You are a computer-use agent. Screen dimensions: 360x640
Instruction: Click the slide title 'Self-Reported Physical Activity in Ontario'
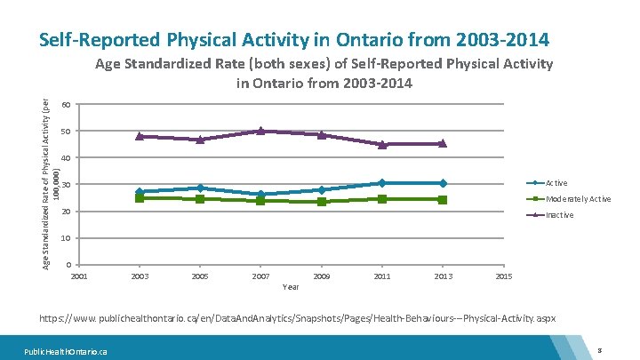[x=294, y=40]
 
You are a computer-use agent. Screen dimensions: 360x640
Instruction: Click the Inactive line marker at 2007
[x=260, y=131]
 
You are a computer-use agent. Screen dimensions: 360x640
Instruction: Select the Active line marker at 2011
[x=382, y=183]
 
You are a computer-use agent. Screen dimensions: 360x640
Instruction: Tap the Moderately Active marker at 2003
[x=140, y=197]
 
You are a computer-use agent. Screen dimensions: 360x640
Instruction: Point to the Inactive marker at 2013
[x=443, y=143]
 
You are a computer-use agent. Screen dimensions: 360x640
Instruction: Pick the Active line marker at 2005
[x=200, y=188]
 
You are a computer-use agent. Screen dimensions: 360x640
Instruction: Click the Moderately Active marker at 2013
[x=443, y=199]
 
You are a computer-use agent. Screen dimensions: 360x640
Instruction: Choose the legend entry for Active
[x=556, y=183]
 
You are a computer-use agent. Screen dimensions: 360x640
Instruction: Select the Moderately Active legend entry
[x=578, y=199]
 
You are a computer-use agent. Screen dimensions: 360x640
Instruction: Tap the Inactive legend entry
[x=559, y=215]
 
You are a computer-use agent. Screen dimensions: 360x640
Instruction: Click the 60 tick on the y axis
[x=67, y=105]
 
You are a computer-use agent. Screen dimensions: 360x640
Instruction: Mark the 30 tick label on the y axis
[x=67, y=185]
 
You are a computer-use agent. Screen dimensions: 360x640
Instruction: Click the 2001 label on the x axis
[x=79, y=277]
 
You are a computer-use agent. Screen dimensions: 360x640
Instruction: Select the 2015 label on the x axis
[x=503, y=277]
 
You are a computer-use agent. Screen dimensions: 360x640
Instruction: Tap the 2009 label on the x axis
[x=322, y=277]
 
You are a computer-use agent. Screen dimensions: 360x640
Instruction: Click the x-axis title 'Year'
[x=291, y=287]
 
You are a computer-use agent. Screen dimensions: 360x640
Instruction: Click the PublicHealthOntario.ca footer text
[x=67, y=351]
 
